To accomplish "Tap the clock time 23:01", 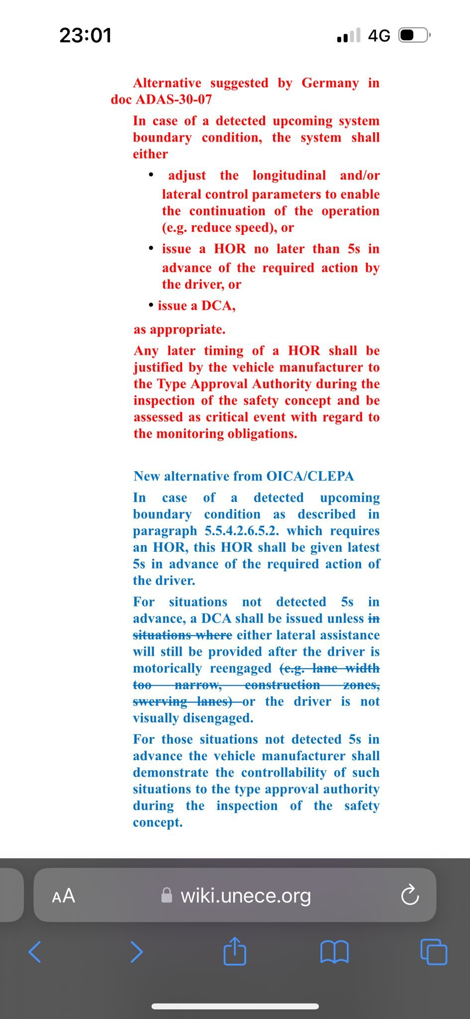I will tap(86, 35).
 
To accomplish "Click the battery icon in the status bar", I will tap(413, 35).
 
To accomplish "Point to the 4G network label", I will tap(379, 36).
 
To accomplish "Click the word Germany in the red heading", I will tap(330, 83).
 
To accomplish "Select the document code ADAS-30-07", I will tap(174, 100).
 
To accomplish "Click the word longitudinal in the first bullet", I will tap(289, 176).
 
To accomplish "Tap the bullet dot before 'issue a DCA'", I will tap(151, 305).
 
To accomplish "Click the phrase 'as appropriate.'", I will tap(179, 329).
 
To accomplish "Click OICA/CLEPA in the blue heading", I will tap(310, 476).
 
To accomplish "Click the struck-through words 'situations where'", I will tap(183, 635).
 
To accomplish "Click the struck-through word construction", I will tap(282, 685).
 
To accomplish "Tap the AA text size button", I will tap(64, 896).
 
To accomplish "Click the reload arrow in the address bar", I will tap(410, 896).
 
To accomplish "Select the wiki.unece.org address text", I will tap(246, 896).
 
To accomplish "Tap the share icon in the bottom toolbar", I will tap(235, 951).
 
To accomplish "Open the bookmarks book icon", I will tap(334, 952).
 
